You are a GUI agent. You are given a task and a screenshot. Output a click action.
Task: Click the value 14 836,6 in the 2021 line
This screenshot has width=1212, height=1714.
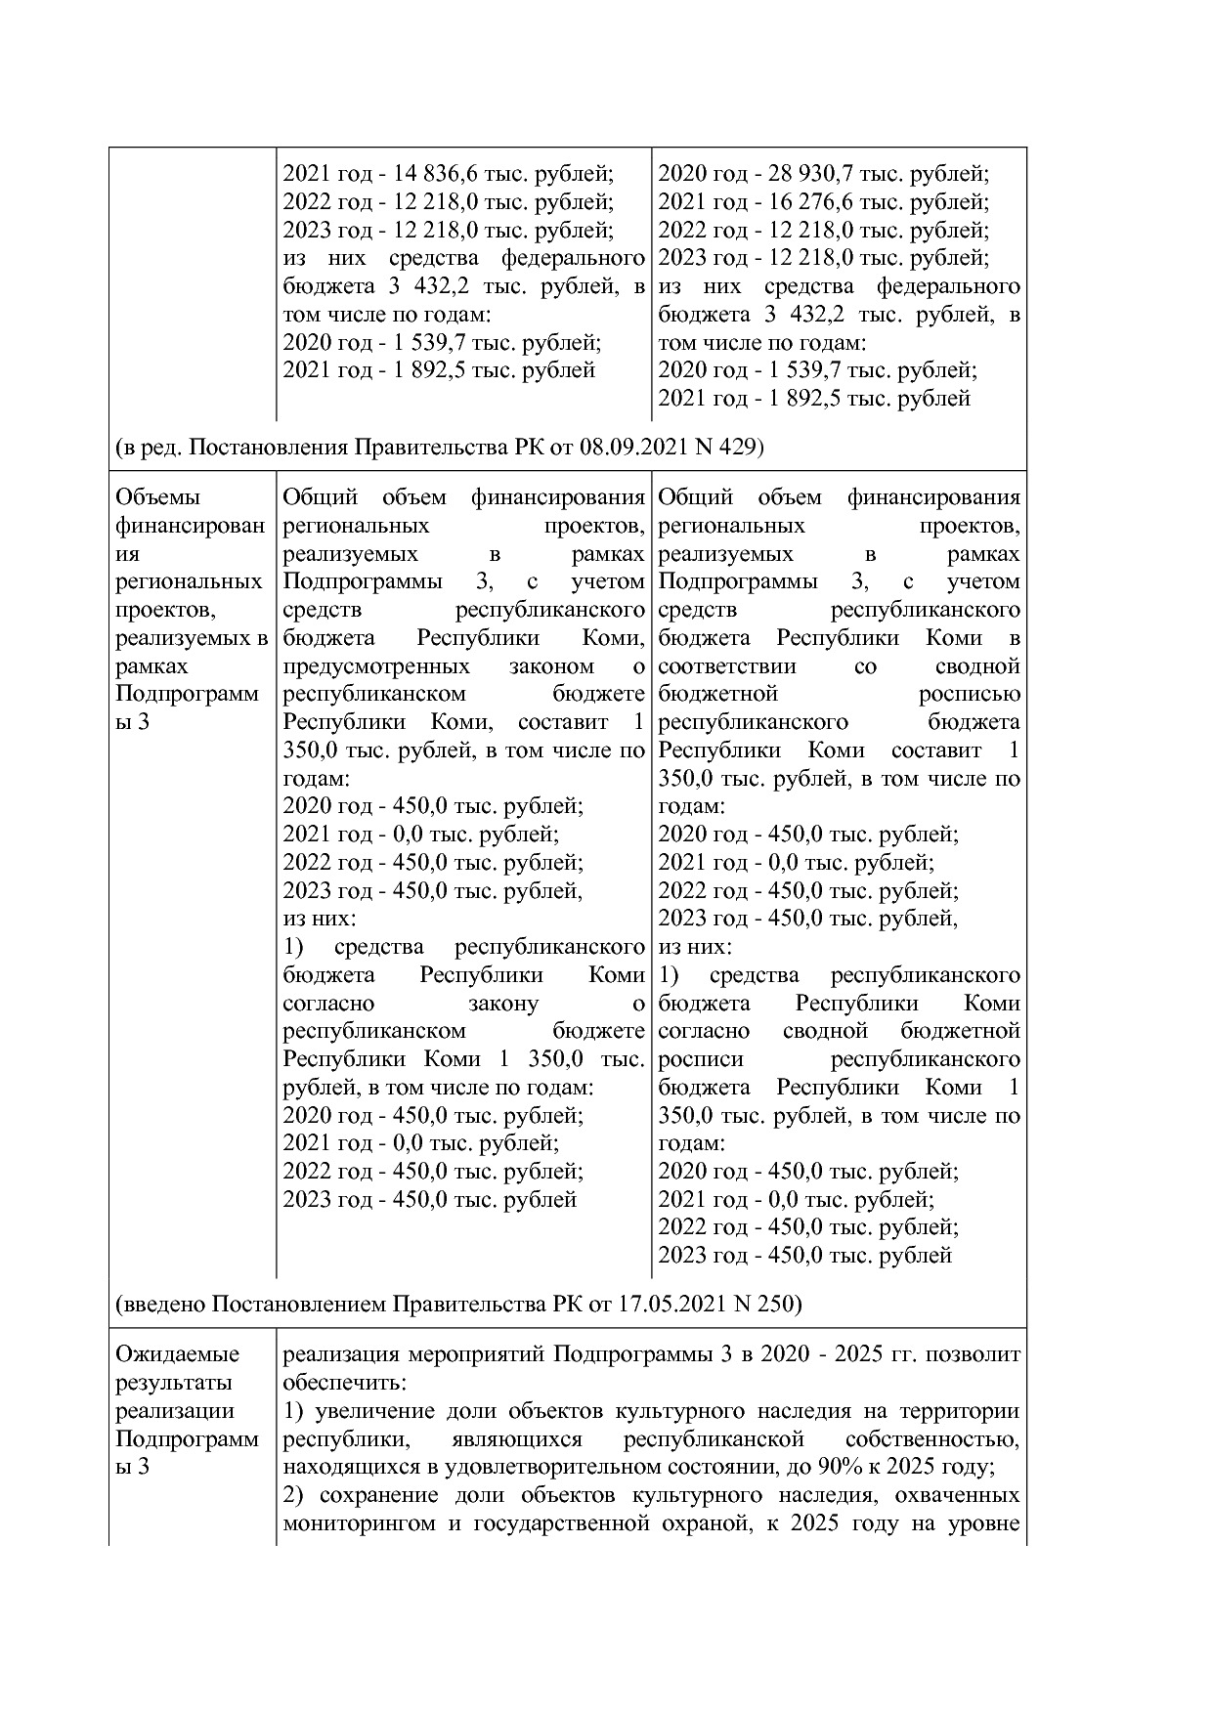434,175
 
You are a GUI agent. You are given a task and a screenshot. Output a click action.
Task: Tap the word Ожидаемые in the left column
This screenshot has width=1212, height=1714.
177,1355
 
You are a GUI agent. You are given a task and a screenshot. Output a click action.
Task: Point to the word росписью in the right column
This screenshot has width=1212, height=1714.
969,695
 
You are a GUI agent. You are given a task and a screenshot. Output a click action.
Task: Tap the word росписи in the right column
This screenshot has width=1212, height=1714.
701,1060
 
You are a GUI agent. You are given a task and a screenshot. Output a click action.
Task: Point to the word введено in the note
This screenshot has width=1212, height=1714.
163,1305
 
